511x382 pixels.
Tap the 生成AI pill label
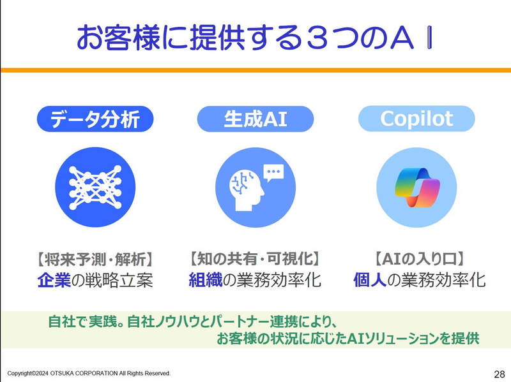256,119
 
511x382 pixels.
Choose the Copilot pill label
416,119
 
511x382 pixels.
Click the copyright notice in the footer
89,373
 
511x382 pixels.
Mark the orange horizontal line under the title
256,70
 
